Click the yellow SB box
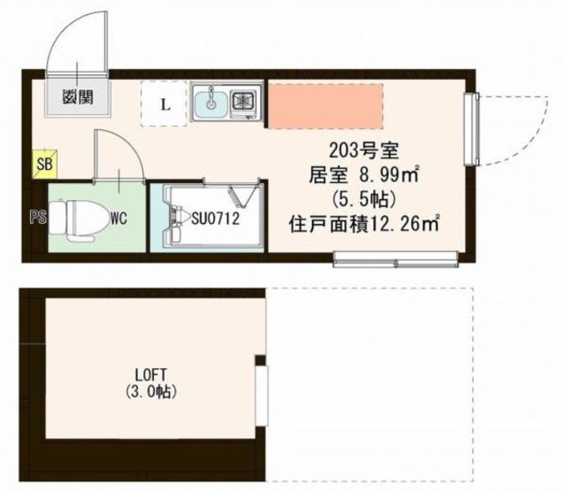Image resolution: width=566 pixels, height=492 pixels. [x=42, y=165]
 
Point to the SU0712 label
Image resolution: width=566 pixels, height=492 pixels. [x=215, y=216]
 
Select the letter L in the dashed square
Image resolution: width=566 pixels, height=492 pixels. [x=164, y=105]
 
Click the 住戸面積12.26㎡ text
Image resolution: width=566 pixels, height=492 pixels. [x=364, y=222]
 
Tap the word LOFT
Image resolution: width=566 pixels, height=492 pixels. [x=149, y=374]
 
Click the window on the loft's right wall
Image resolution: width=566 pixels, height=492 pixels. [x=261, y=386]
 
